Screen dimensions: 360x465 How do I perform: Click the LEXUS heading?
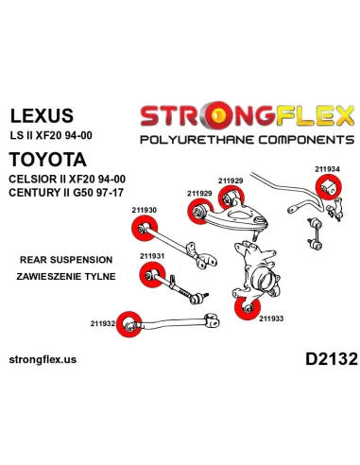[x=42, y=115]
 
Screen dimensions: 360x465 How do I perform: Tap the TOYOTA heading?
[x=47, y=160]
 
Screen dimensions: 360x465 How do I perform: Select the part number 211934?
[x=327, y=169]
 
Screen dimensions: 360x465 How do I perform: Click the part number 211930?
[x=145, y=210]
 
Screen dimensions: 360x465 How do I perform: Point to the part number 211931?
[x=152, y=256]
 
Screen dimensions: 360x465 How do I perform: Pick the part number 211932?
[x=103, y=323]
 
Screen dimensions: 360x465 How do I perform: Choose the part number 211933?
[x=271, y=319]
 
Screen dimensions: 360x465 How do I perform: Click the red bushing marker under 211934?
[x=329, y=188]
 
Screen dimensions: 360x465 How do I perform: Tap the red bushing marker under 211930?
[x=145, y=228]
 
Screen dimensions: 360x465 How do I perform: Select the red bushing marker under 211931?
[x=152, y=275]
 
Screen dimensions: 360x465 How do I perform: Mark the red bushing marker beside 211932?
[x=129, y=324]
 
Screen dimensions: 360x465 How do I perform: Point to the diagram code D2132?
[x=332, y=359]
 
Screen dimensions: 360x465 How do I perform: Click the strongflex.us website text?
[x=43, y=359]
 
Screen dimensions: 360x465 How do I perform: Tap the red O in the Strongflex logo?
[x=219, y=115]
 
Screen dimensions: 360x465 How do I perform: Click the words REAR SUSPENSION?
[x=66, y=260]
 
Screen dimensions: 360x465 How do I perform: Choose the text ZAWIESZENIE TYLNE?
[x=66, y=277]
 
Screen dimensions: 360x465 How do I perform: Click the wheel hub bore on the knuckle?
[x=264, y=280]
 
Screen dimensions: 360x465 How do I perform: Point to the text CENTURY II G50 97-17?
[x=66, y=192]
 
